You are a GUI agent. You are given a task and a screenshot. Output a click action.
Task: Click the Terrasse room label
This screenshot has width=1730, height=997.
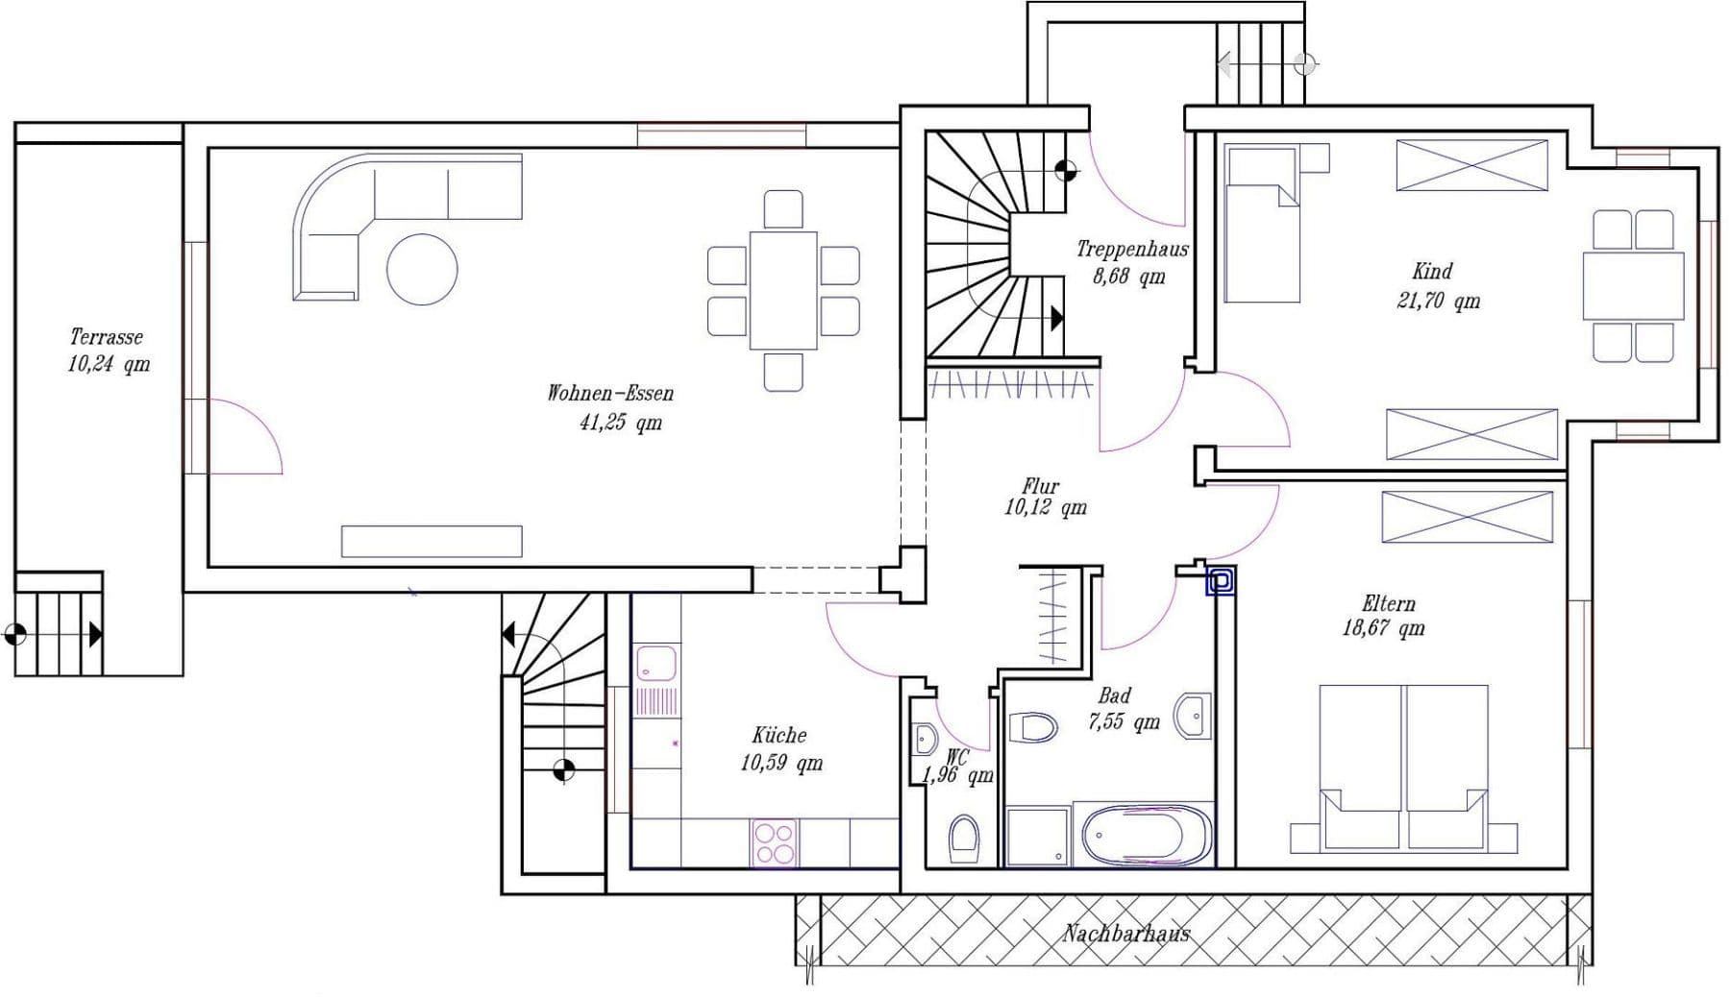click(106, 337)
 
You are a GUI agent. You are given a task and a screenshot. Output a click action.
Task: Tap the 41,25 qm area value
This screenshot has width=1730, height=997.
click(620, 423)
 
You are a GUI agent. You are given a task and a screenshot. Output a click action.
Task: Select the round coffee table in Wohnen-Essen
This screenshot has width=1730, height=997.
click(422, 270)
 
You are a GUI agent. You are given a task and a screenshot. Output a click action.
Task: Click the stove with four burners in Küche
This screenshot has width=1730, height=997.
click(775, 843)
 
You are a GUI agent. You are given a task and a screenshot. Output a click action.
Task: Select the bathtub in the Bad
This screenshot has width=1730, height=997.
click(1147, 835)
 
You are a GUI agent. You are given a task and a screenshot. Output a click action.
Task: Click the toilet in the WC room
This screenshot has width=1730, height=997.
click(963, 838)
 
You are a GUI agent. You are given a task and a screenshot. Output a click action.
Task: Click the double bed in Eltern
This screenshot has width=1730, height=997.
click(1403, 768)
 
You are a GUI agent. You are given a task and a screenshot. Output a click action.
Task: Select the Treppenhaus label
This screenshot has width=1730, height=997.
click(1131, 250)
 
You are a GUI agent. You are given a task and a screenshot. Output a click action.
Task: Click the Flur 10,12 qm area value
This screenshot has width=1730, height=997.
click(1045, 508)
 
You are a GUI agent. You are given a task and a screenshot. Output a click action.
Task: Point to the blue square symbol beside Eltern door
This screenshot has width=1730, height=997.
click(1221, 581)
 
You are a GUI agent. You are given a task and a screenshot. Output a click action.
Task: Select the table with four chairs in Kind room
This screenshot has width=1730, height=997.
click(1633, 286)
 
